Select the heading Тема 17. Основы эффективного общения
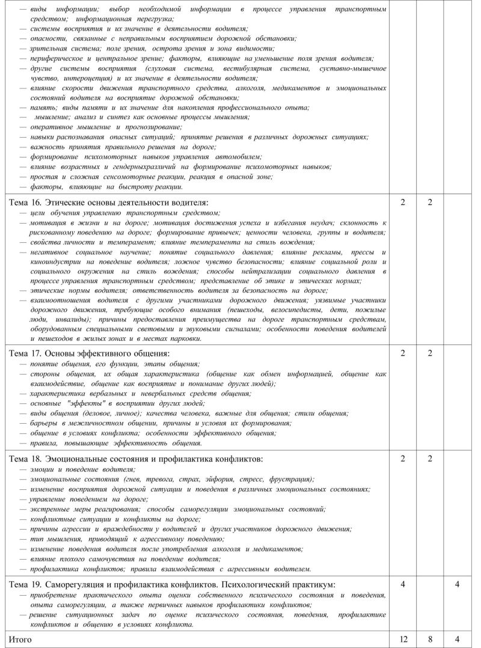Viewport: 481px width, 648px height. (89, 353)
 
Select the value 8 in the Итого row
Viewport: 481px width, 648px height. (430, 639)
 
